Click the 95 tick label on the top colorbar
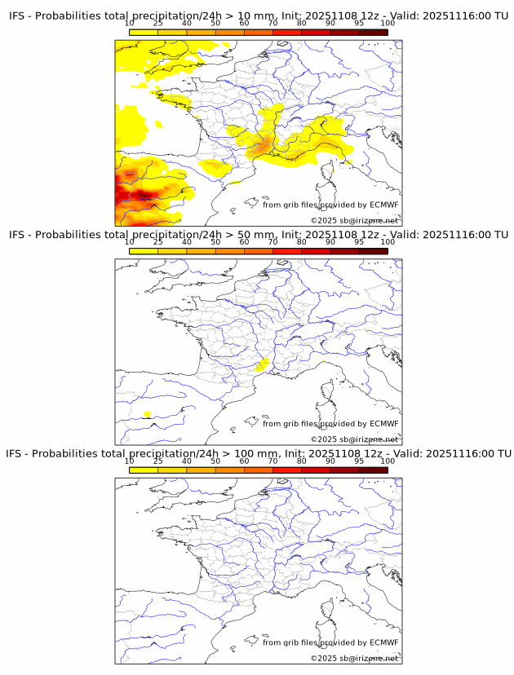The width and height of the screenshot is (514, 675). click(x=358, y=24)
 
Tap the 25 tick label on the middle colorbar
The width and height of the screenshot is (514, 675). click(x=158, y=242)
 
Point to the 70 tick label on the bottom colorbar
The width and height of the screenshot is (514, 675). click(x=273, y=461)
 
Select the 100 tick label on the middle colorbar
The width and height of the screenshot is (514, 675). click(x=388, y=242)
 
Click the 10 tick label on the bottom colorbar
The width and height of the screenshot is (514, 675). click(x=129, y=461)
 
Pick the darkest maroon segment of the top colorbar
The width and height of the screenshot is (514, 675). click(x=373, y=33)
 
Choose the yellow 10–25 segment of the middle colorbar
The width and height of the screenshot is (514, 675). click(x=144, y=251)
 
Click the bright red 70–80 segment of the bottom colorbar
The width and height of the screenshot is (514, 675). click(x=286, y=470)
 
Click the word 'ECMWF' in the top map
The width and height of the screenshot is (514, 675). click(x=383, y=205)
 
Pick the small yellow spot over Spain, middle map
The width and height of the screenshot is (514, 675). click(x=148, y=414)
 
